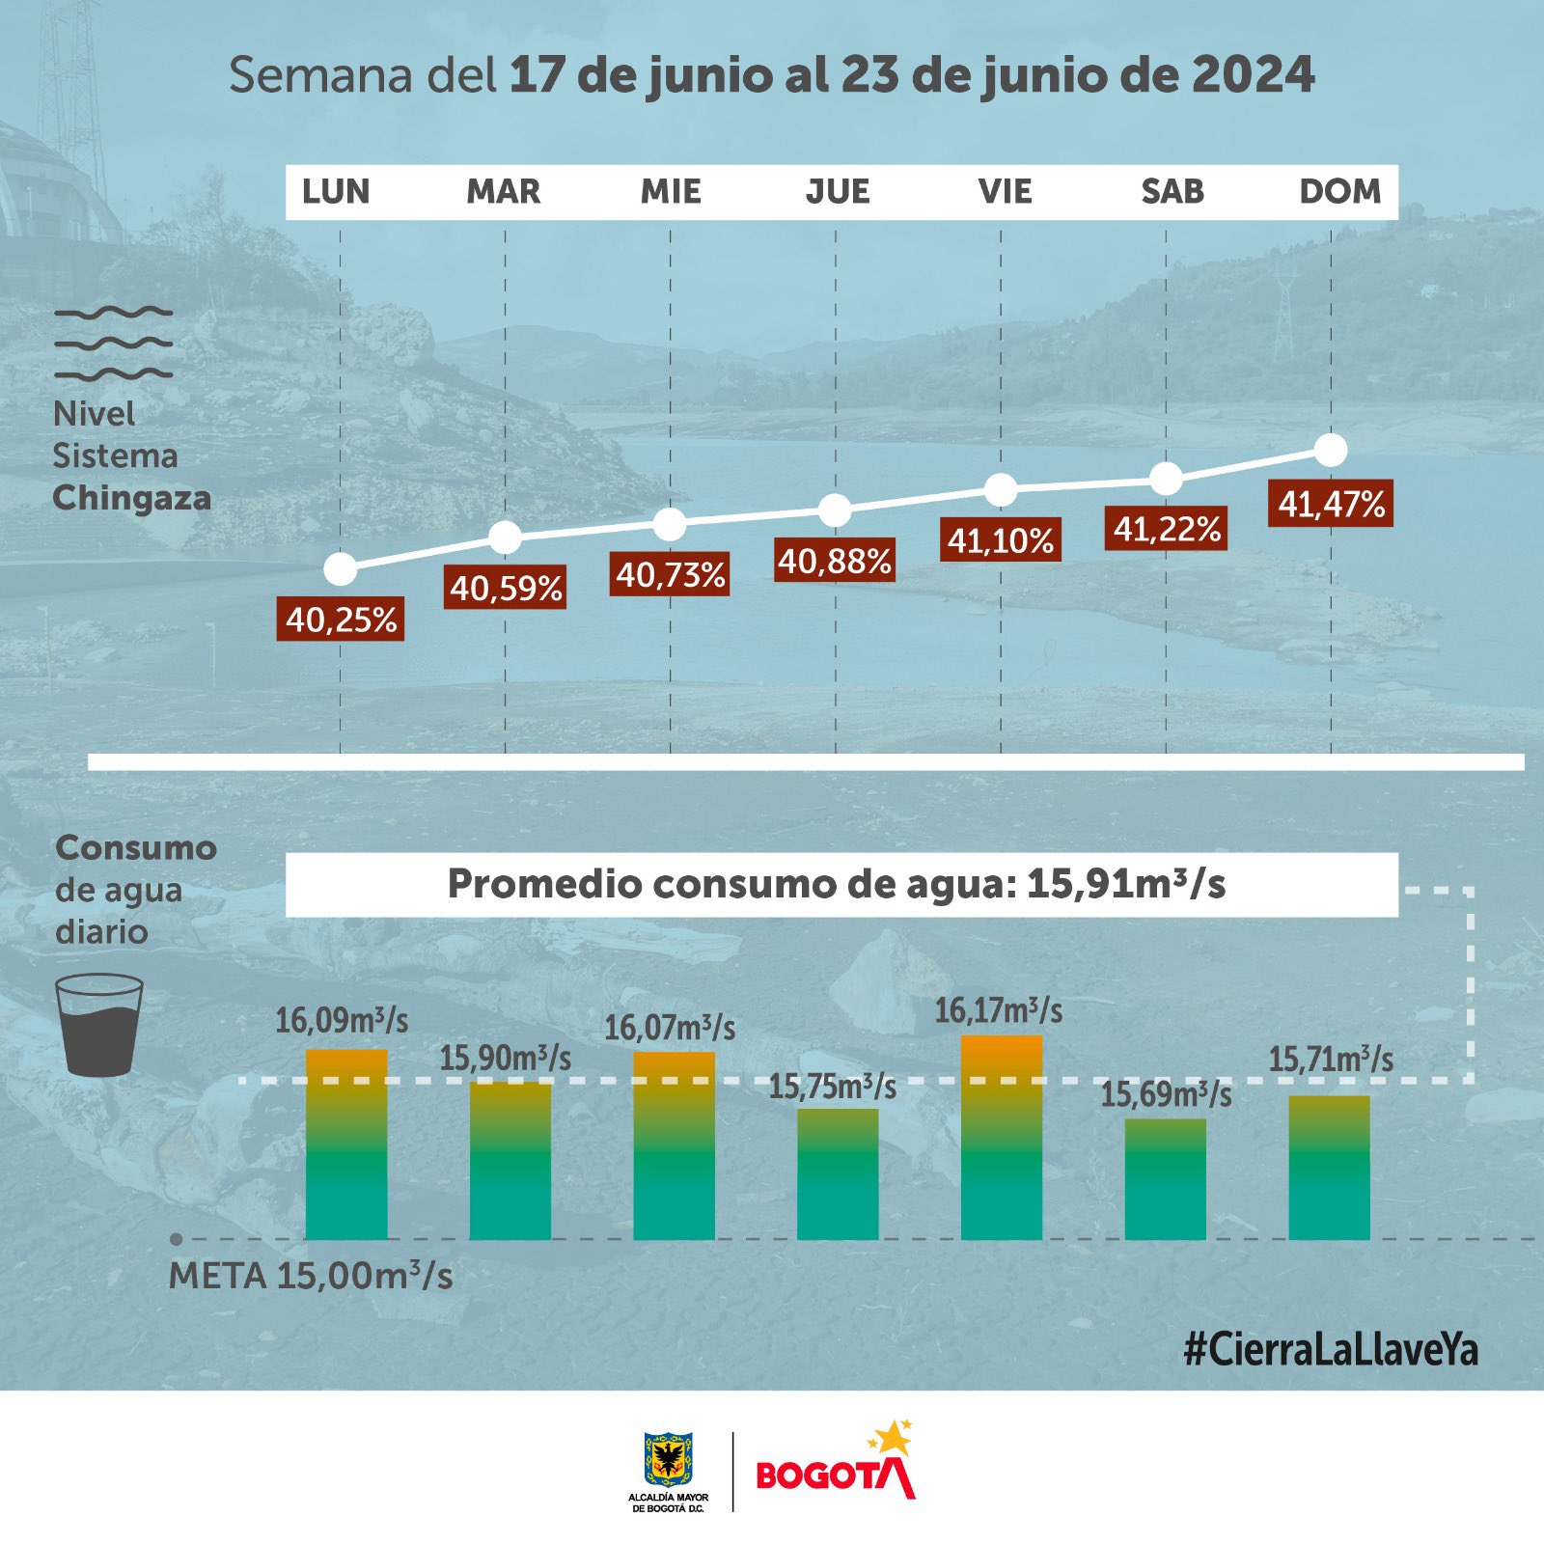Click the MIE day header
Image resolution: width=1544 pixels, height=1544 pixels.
tap(671, 192)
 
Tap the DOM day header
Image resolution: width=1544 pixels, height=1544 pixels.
tap(1339, 192)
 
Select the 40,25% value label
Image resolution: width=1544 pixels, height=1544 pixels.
tap(342, 620)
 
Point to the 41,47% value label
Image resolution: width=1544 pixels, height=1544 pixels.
tap(1332, 505)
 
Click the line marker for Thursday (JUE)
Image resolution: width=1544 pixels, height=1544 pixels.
tap(835, 510)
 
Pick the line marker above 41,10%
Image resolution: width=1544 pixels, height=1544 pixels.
tap(1001, 489)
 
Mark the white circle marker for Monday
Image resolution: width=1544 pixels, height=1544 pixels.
tap(341, 569)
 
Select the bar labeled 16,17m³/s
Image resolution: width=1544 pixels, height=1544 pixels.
tap(1002, 1139)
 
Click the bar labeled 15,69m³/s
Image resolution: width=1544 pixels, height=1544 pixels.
tap(1166, 1179)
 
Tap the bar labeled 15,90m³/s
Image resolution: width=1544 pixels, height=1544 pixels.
tap(510, 1161)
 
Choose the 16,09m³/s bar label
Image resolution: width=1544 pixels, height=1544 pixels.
tap(342, 1020)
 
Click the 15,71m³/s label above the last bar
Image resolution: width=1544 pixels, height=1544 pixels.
tap(1331, 1060)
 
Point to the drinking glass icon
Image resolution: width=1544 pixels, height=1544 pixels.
tap(99, 1025)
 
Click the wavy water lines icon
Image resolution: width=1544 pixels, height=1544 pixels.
tap(114, 343)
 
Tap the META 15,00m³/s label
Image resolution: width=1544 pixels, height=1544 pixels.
tap(311, 1277)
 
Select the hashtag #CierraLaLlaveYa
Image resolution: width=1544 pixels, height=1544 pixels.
tap(1331, 1350)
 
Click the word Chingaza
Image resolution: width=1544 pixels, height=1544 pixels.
tap(132, 498)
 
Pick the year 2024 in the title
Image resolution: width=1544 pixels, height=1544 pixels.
tap(1253, 75)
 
